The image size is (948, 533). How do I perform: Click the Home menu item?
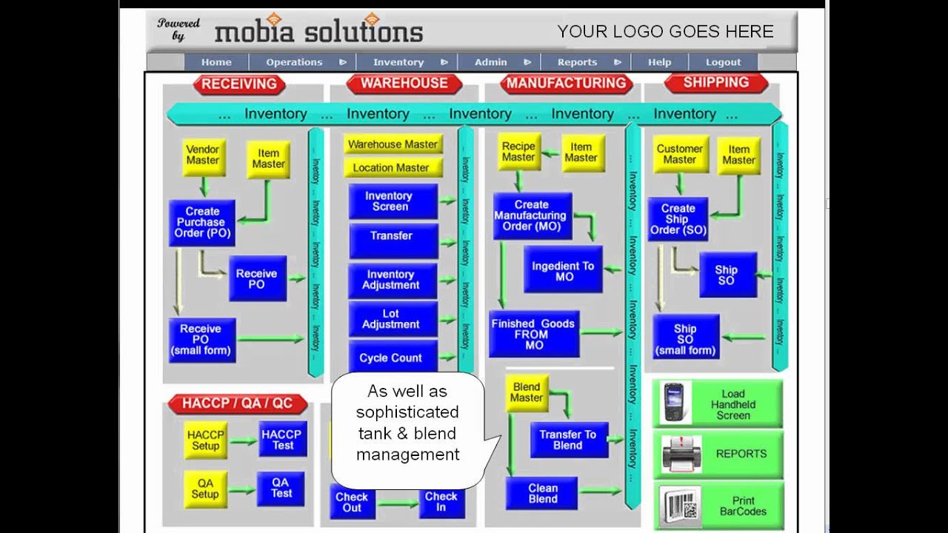click(x=216, y=62)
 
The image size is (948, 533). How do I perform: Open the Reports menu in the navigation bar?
click(x=578, y=62)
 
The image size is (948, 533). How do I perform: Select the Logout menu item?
click(x=723, y=62)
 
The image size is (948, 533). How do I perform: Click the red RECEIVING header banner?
click(x=239, y=84)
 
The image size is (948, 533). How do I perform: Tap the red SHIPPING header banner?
click(x=715, y=83)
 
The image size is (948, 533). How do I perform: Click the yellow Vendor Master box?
click(x=203, y=155)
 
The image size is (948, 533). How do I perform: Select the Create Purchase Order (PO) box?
click(x=202, y=222)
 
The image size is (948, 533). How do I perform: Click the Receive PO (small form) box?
click(x=201, y=340)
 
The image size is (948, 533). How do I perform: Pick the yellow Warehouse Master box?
click(x=393, y=144)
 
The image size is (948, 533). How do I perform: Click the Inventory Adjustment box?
click(x=392, y=280)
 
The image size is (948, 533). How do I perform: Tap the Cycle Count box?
click(x=391, y=358)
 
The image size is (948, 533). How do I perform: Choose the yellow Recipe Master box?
click(x=518, y=152)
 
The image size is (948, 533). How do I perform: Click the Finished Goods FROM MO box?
click(x=534, y=334)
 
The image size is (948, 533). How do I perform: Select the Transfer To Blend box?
click(x=568, y=440)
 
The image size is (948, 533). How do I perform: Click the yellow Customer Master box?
click(x=679, y=155)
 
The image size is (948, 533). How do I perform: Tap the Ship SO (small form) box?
click(x=686, y=339)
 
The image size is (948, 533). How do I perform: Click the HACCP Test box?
click(x=282, y=440)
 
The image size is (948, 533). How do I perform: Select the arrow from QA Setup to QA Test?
click(x=242, y=490)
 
